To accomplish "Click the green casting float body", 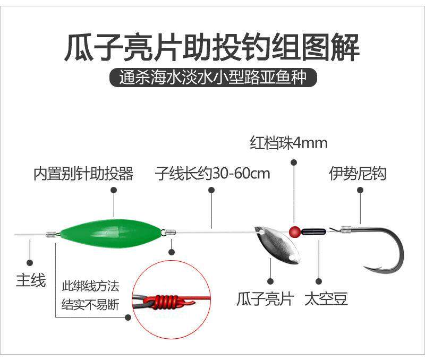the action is [110, 233].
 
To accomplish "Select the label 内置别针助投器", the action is [83, 174].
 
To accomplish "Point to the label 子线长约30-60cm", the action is [212, 174].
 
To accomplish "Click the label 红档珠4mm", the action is [288, 143].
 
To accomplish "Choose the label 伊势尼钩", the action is [358, 174].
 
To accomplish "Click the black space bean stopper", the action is [313, 231].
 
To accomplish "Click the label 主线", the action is [31, 280].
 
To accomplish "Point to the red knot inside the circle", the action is [166, 302].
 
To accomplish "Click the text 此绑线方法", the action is [90, 286].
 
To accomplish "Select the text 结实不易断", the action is [90, 305].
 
